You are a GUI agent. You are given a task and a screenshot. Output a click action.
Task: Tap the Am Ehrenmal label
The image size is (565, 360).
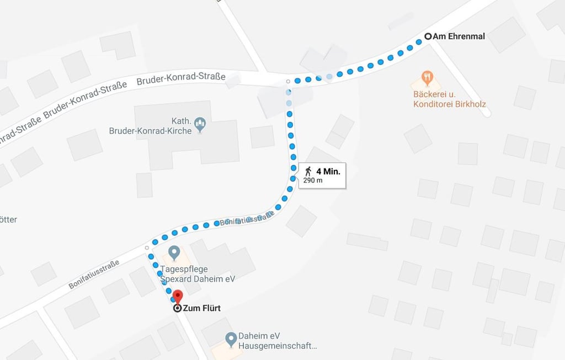tap(459, 36)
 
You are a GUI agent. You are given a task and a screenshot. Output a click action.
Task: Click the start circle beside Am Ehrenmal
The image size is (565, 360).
tap(428, 36)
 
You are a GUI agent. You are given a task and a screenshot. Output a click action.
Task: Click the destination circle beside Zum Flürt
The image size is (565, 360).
tap(177, 308)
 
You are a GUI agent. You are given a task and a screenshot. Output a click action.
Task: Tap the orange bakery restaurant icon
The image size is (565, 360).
tap(426, 78)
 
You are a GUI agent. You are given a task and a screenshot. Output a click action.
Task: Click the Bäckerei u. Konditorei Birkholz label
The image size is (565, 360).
tap(450, 99)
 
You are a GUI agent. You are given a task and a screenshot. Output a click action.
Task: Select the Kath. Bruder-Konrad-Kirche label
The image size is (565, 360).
tap(150, 126)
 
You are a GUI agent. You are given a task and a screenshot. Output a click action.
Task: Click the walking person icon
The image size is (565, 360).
tap(308, 171)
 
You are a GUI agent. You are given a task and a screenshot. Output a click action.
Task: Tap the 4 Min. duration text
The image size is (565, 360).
tap(328, 171)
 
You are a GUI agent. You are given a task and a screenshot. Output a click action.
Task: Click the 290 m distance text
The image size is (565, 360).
tap(313, 180)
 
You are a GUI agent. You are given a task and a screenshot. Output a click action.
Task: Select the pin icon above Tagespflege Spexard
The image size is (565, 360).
tap(174, 253)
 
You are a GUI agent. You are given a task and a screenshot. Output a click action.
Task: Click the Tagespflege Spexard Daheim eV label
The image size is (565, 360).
tap(198, 275)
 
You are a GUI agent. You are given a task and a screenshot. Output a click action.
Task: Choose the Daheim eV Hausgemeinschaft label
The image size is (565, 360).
tap(278, 341)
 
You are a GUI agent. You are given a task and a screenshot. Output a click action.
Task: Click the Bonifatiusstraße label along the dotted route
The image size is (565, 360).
tap(247, 220)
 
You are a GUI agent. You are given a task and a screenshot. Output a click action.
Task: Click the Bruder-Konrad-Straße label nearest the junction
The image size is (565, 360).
tap(181, 78)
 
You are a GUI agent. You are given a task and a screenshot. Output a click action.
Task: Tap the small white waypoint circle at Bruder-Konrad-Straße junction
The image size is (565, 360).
tap(288, 82)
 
